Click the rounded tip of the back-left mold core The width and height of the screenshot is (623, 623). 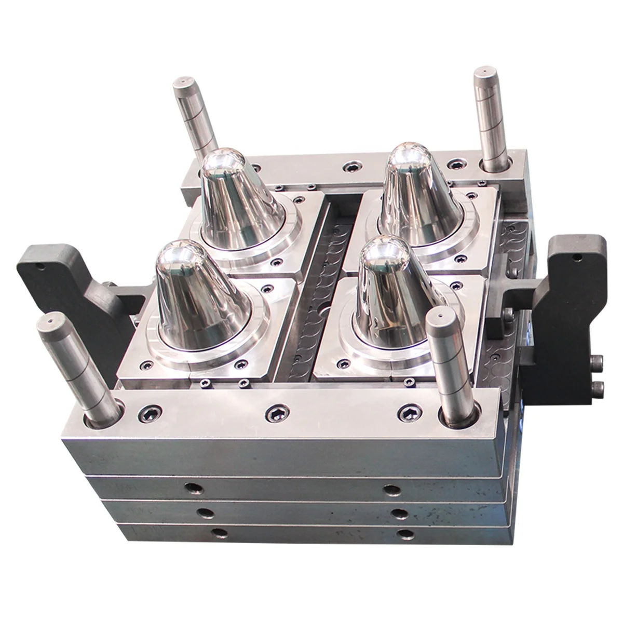point(223,162)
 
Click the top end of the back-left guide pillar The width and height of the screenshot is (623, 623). point(183,82)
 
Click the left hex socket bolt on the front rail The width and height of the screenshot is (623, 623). point(147,413)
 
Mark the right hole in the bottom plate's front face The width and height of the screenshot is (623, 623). point(404,533)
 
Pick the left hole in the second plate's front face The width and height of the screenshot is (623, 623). point(193,488)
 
